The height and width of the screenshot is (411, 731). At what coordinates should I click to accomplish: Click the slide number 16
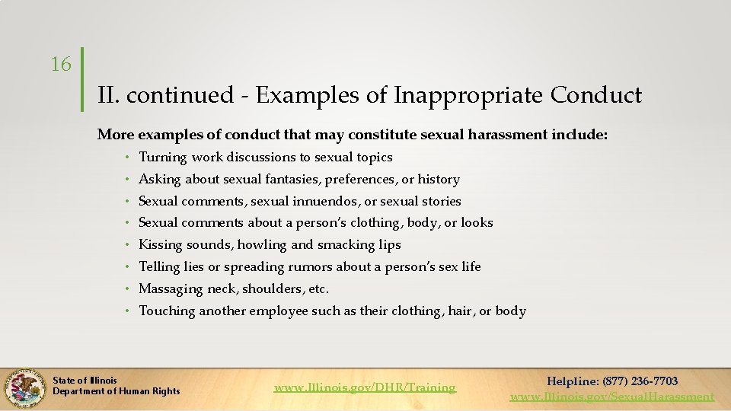click(61, 65)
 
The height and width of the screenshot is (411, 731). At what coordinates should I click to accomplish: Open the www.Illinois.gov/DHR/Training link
click(365, 387)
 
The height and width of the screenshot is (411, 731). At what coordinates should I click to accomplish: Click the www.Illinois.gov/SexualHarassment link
click(612, 396)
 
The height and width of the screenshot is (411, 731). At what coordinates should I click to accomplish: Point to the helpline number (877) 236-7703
click(640, 381)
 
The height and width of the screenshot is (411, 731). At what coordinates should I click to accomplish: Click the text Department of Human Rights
click(117, 391)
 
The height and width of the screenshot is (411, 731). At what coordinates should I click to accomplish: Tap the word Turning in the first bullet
click(163, 158)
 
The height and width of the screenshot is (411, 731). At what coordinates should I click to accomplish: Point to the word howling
click(262, 245)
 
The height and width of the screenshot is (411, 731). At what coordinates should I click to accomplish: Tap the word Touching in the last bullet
click(167, 311)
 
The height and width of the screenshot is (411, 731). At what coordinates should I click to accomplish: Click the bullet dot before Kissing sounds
click(128, 245)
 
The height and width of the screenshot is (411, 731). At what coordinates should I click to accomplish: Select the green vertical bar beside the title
click(82, 81)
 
